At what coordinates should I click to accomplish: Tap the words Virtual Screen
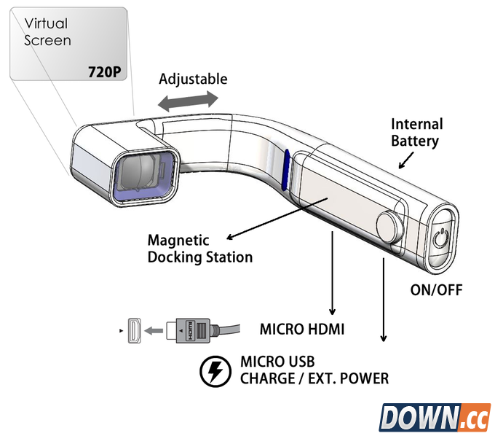click(x=47, y=32)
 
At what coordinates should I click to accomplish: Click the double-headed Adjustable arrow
click(x=188, y=101)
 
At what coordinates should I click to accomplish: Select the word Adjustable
click(x=193, y=79)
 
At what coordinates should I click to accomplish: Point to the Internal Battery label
click(x=416, y=132)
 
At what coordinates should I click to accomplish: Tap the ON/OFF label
click(x=437, y=290)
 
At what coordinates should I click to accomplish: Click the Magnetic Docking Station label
click(x=200, y=248)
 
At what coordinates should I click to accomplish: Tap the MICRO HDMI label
click(x=302, y=330)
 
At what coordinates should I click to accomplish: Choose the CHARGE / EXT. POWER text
click(x=314, y=378)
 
